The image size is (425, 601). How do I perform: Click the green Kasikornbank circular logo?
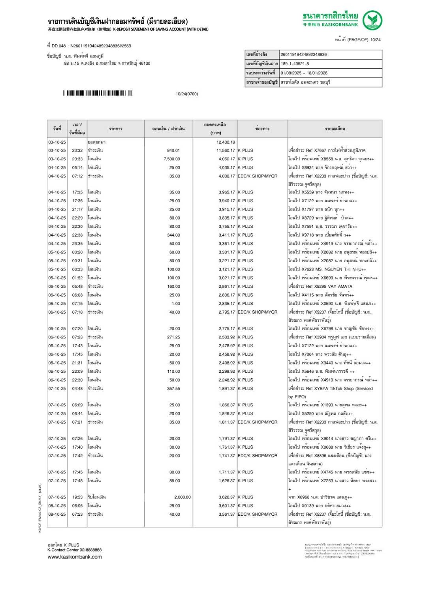372,20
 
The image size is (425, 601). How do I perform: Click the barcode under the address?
98,94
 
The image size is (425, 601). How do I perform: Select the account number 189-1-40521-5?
295,64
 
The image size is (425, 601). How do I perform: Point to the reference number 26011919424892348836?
304,54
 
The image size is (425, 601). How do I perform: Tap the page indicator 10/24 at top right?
375,39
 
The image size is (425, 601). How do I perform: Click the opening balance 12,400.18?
226,142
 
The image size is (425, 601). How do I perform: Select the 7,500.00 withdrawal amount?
172,159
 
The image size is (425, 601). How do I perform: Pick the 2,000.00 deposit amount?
182,497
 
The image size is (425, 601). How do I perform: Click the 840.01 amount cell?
173,150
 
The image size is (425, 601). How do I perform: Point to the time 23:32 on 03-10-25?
77,150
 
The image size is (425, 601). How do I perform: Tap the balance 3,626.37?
227,497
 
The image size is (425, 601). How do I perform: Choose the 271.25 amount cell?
173,337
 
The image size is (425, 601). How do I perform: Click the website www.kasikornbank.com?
75,557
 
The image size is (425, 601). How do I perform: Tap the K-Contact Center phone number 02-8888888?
90,550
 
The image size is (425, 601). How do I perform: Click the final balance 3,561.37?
227,514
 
